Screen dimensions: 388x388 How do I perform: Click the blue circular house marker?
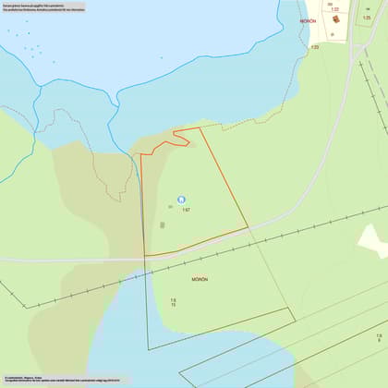181,199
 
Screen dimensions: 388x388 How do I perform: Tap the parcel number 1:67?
186,211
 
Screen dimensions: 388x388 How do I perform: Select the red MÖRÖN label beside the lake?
308,18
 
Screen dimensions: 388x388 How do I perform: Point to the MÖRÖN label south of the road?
200,278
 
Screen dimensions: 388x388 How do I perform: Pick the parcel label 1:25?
367,18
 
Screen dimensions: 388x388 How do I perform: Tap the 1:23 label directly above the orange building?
335,8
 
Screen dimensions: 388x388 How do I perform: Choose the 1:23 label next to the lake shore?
315,45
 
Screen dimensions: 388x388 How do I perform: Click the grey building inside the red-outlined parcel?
163,224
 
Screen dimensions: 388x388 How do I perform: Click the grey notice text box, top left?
44,8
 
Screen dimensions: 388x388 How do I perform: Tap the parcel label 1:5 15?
173,302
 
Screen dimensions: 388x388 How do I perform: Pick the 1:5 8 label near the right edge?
379,338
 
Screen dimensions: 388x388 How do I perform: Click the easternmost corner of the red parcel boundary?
249,227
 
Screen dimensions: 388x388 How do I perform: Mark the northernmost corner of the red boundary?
200,127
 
